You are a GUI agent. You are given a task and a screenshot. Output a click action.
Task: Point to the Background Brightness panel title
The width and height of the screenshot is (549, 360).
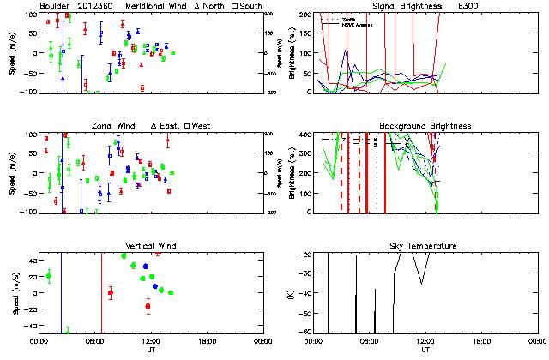425,126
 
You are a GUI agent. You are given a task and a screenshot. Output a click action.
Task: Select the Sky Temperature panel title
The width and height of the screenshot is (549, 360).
425,246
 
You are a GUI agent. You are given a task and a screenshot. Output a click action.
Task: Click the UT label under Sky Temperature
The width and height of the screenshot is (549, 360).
425,350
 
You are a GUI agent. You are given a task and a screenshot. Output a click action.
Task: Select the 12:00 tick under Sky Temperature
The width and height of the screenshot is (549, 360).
425,341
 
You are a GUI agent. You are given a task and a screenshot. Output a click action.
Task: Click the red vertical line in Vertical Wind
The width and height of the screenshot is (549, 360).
102,291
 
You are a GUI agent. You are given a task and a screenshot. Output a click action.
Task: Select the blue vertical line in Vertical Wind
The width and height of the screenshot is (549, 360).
62,291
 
